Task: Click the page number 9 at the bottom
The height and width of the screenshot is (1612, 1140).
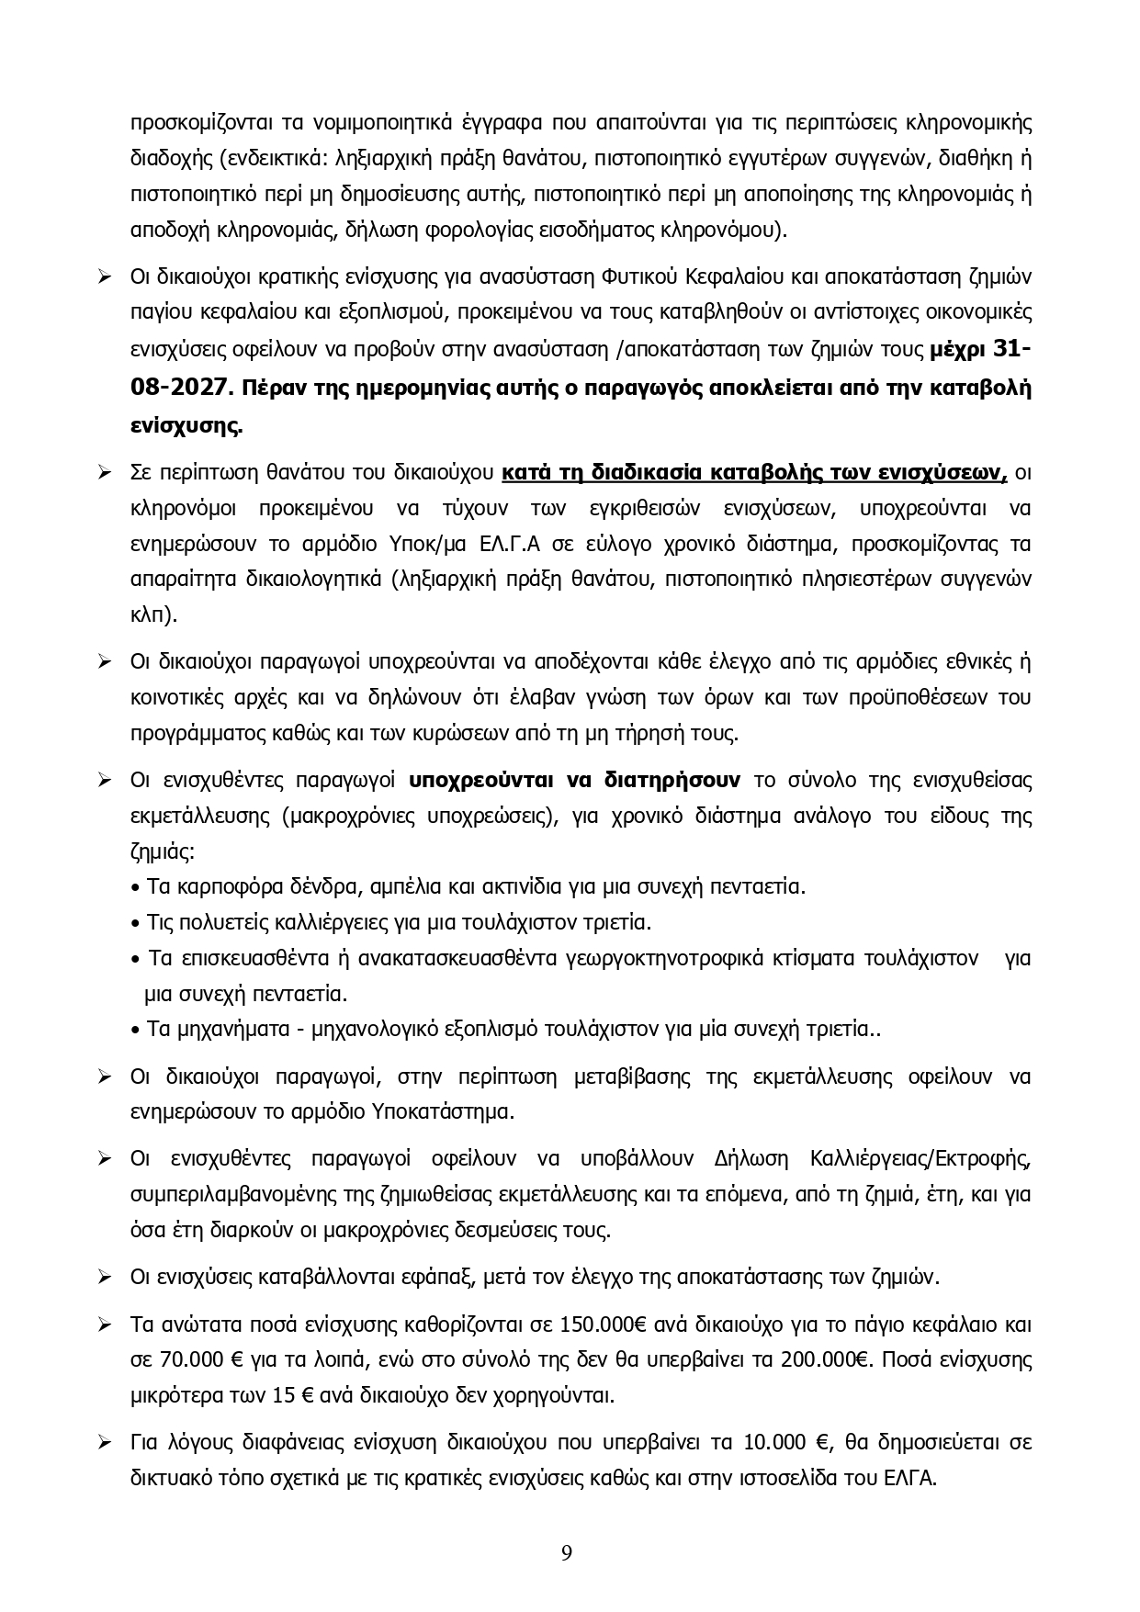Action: (567, 1553)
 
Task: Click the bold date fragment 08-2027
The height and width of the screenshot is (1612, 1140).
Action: (178, 389)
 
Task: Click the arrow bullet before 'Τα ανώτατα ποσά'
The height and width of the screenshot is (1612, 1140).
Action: (106, 1325)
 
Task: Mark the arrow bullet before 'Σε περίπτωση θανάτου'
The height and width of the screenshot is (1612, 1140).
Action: (106, 474)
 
